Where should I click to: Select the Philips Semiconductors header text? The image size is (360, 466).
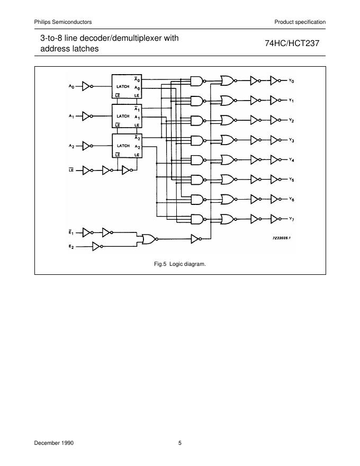click(x=63, y=22)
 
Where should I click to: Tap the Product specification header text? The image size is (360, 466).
click(x=300, y=22)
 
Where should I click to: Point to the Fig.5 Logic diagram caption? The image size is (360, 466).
click(x=180, y=263)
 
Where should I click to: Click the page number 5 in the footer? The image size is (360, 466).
click(x=180, y=443)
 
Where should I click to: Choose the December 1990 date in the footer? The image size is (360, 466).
click(x=54, y=443)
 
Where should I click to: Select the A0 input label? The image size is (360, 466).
click(x=71, y=86)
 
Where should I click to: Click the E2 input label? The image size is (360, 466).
click(x=71, y=246)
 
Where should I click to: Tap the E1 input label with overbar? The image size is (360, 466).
click(x=71, y=231)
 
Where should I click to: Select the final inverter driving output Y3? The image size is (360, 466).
click(x=274, y=140)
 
